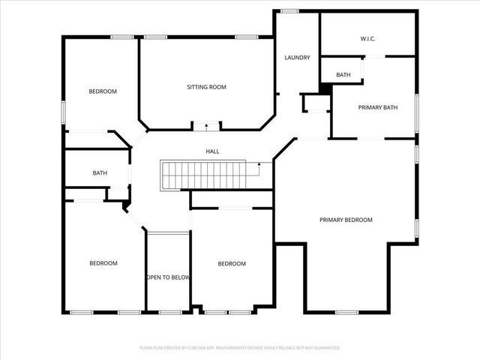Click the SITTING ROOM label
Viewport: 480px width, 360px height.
click(206, 87)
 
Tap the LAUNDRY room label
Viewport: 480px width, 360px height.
click(297, 58)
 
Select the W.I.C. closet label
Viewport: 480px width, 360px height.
click(367, 38)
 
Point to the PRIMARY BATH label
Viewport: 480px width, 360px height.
click(377, 108)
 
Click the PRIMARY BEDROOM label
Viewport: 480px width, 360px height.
click(346, 220)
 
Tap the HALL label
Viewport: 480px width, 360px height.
click(213, 151)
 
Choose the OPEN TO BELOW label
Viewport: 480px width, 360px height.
click(168, 277)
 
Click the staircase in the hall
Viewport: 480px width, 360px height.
click(203, 175)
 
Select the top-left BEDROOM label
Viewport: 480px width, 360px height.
click(103, 91)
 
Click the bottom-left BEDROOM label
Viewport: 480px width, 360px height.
click(103, 263)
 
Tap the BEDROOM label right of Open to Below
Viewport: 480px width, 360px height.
click(232, 263)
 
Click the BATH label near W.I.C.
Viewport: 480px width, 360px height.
click(343, 75)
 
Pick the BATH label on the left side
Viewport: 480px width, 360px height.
click(100, 173)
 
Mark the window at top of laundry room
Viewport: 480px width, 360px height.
click(289, 10)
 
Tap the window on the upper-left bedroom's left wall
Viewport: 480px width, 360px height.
click(64, 112)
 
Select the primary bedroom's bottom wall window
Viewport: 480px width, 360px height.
click(346, 312)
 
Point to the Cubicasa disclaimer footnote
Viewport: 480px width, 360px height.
click(240, 348)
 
